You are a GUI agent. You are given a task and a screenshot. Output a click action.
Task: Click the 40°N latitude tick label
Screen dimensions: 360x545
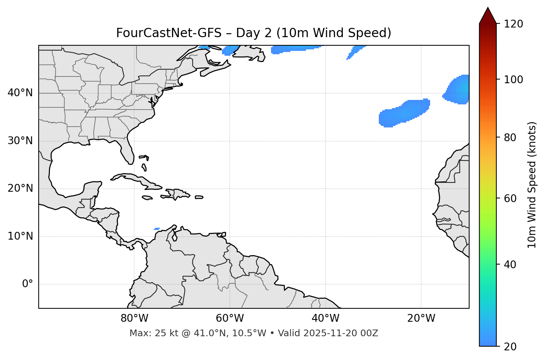(x=20, y=93)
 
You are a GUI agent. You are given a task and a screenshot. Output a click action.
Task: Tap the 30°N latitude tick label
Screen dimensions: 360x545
(x=20, y=141)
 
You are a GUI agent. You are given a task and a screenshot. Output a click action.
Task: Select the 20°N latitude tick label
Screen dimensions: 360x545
(x=20, y=188)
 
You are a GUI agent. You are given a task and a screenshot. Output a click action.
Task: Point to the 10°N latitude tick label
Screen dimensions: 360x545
(x=20, y=236)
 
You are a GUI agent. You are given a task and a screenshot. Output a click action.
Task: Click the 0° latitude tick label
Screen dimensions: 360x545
(x=28, y=284)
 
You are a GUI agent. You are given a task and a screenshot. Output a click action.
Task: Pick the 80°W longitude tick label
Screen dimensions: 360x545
(x=134, y=318)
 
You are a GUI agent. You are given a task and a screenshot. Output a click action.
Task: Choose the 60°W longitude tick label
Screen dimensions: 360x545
(x=230, y=318)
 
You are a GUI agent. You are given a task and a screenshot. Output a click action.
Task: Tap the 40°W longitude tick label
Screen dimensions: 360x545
(x=325, y=318)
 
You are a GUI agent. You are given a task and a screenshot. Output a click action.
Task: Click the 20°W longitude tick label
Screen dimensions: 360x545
(x=421, y=318)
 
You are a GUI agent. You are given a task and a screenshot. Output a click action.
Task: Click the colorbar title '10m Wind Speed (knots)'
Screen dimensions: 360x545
(x=532, y=185)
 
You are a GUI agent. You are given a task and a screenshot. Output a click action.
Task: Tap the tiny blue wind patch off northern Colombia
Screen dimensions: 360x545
(x=157, y=229)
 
